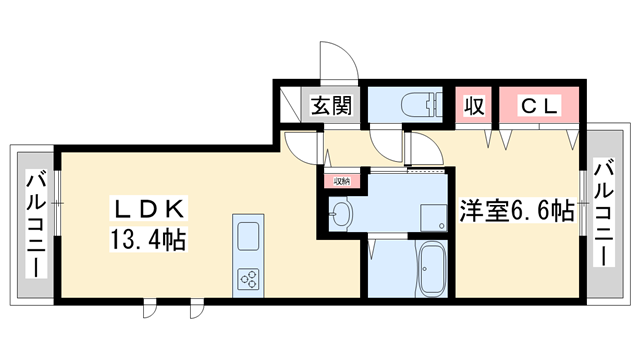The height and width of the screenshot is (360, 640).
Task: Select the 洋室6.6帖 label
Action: [516, 212]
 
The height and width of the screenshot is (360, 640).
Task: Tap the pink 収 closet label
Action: [472, 105]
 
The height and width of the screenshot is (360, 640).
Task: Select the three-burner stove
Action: [247, 278]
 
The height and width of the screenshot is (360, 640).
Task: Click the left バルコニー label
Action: [35, 226]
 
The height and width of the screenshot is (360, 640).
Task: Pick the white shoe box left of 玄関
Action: [291, 104]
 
